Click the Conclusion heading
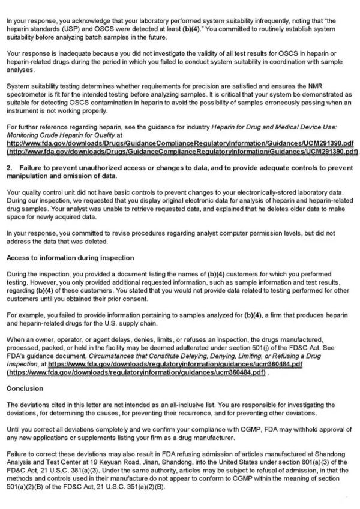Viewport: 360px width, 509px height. pos(25,388)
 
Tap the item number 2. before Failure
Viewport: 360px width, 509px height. pos(10,168)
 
